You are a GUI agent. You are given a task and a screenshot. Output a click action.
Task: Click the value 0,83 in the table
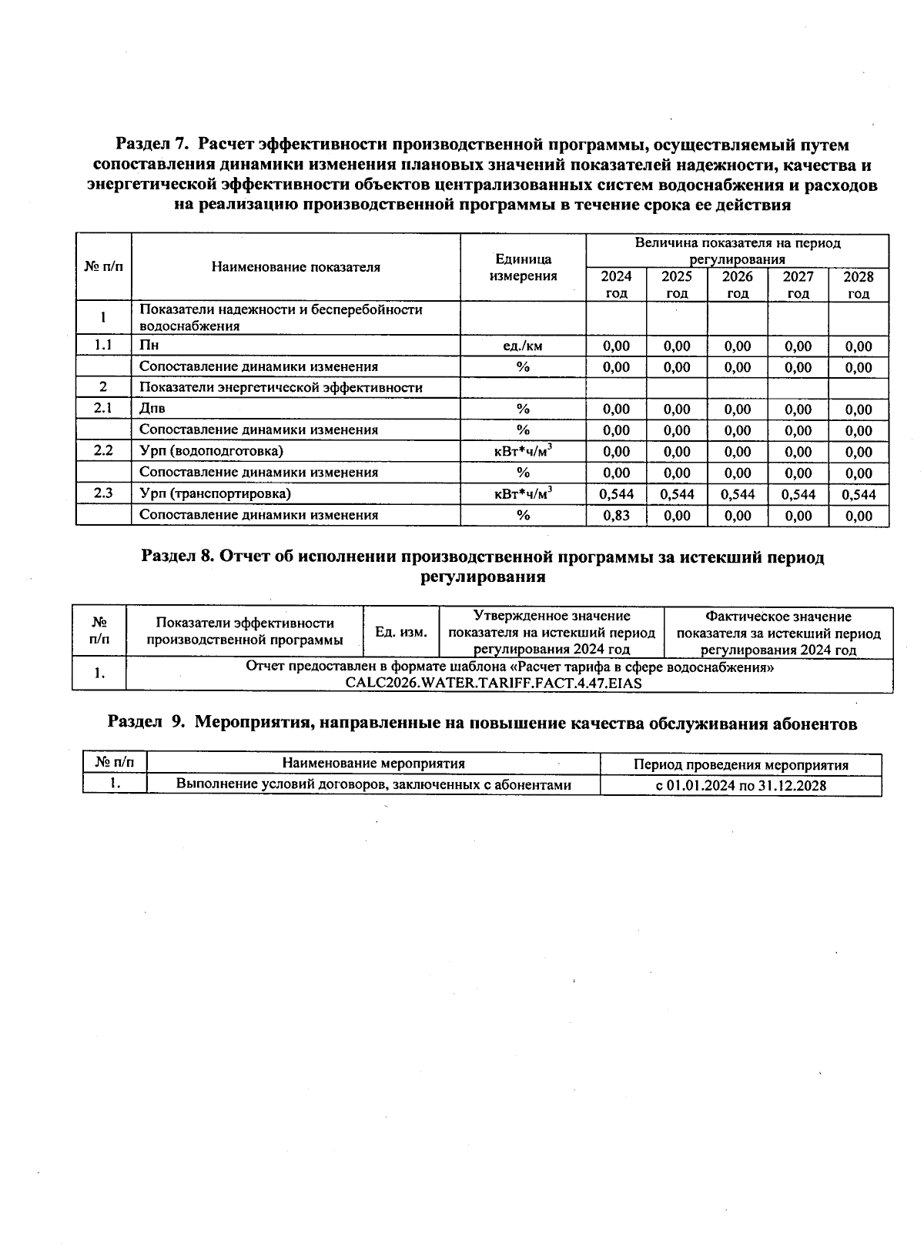616,516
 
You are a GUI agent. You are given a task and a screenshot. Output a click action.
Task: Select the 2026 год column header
737,284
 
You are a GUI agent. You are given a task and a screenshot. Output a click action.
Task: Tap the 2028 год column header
858,284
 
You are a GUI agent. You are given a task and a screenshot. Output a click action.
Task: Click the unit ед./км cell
523,346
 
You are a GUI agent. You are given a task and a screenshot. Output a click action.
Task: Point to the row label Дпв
152,409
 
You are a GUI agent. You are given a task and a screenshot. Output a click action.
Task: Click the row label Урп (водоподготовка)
211,451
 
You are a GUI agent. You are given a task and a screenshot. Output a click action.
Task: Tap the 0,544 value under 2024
616,494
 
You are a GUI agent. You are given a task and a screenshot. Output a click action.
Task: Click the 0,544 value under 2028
859,494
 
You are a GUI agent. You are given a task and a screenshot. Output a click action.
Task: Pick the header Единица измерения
523,267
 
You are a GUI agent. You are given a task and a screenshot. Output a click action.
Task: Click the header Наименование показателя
296,267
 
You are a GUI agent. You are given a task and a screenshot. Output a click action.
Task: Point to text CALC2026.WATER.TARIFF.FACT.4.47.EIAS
494,683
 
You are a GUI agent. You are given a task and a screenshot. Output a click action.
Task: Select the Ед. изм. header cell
400,632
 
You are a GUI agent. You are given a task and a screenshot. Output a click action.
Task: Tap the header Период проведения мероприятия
741,764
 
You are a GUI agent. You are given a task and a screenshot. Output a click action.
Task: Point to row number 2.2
103,451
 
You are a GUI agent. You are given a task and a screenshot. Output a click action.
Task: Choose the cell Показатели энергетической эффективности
280,387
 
